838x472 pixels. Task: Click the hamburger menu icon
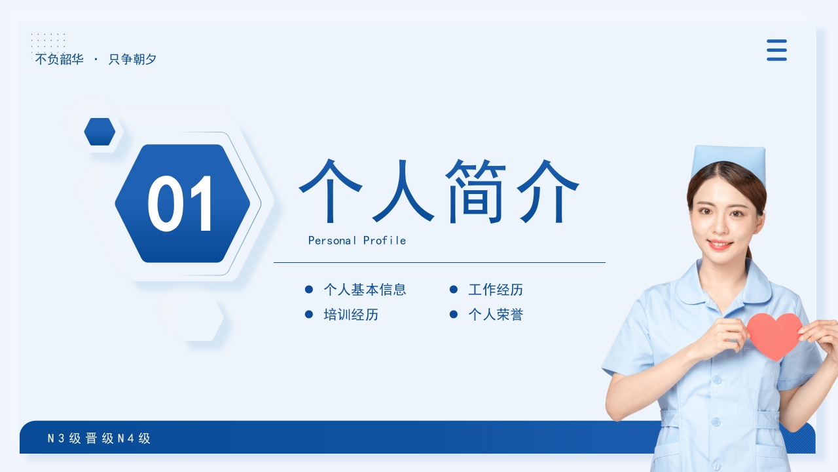[776, 50]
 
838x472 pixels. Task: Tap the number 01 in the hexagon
[181, 204]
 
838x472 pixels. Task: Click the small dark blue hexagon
[100, 132]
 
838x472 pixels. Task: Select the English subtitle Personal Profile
[357, 241]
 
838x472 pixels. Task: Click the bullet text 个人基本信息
[365, 290]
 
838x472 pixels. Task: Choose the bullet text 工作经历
[496, 290]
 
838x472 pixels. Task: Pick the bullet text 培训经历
[351, 315]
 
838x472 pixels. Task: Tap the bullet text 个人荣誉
[496, 315]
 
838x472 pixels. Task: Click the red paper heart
[774, 335]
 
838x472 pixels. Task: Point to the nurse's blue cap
[729, 161]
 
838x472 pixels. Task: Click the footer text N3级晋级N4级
[99, 439]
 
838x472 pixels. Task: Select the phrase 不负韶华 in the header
[59, 60]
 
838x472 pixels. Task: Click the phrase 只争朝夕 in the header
[132, 60]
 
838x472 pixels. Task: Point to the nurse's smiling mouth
[720, 245]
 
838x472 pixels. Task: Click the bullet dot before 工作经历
[453, 290]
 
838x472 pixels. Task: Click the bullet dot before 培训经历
[309, 315]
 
